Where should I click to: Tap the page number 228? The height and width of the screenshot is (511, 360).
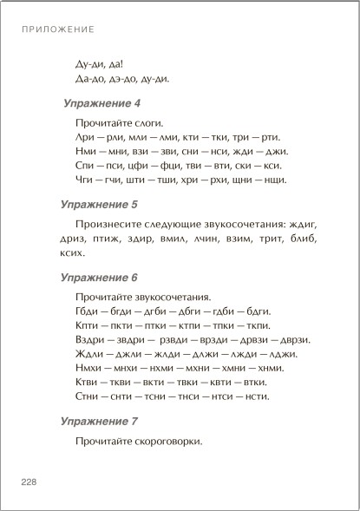click(29, 482)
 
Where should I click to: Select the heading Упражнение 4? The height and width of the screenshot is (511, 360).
click(101, 102)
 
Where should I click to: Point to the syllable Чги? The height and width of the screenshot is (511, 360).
click(86, 180)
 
